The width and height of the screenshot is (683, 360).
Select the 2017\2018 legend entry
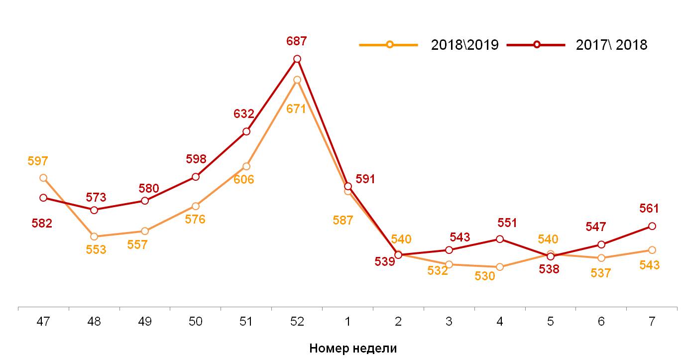click(577, 45)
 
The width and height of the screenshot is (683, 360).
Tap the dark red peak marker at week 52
click(297, 59)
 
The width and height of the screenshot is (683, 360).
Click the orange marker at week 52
click(297, 80)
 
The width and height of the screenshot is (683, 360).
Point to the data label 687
click(297, 41)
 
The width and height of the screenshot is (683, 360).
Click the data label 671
click(296, 109)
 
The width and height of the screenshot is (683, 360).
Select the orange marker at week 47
click(43, 178)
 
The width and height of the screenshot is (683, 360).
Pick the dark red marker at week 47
click(43, 198)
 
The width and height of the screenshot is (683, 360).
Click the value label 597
click(38, 161)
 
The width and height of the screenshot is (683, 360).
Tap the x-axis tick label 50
click(196, 322)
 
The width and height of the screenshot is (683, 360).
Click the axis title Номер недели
click(353, 348)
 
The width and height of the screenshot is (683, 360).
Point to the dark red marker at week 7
click(652, 226)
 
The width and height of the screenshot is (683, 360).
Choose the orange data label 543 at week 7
click(650, 265)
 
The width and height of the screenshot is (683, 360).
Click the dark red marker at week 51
click(246, 131)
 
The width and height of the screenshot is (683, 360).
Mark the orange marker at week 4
click(500, 267)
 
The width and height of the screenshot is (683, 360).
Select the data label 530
click(485, 276)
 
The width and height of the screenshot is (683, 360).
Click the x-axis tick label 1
click(347, 322)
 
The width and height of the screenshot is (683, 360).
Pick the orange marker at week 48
click(94, 237)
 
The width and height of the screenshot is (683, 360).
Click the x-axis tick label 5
click(550, 322)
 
